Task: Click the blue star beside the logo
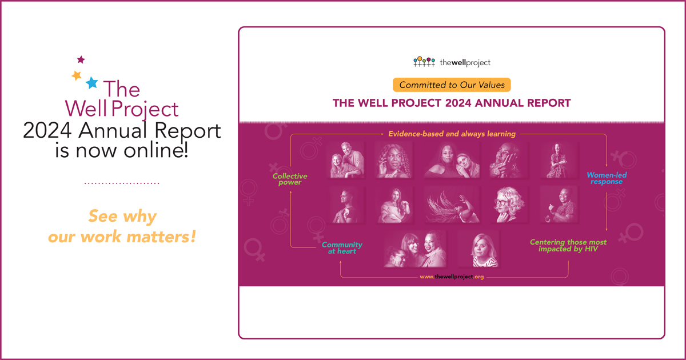(x=91, y=83)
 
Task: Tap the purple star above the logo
(x=81, y=59)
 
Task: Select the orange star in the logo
(x=77, y=75)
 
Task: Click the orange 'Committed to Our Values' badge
(x=452, y=85)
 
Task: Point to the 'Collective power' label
(x=290, y=179)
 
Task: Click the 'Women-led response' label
(x=607, y=178)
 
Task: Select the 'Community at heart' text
(x=342, y=248)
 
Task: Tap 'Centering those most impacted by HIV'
(x=568, y=246)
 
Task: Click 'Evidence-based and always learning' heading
(x=452, y=134)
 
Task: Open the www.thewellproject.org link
(x=452, y=277)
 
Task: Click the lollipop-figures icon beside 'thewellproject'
(x=424, y=62)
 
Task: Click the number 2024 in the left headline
(x=47, y=131)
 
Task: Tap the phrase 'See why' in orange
(x=122, y=217)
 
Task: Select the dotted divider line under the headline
(x=122, y=183)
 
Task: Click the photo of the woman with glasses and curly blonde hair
(x=509, y=205)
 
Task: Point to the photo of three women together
(x=414, y=249)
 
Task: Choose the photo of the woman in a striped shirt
(x=479, y=249)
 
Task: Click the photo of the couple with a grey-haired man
(x=346, y=160)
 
